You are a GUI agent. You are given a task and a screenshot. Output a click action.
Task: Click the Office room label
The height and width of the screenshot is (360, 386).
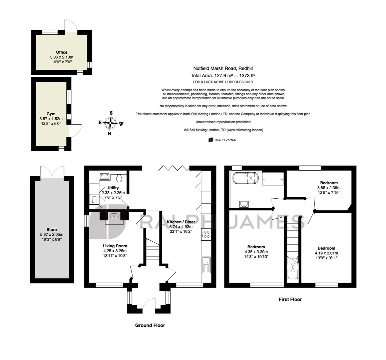point(61,52)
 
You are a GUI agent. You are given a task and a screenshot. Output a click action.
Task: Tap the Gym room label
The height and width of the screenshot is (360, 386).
point(51,114)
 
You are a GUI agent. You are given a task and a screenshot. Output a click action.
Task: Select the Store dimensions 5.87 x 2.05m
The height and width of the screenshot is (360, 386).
point(52,234)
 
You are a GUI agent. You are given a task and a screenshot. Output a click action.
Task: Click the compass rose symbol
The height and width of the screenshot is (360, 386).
point(110,123)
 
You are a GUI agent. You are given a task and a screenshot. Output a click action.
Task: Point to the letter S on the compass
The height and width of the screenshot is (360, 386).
point(111,113)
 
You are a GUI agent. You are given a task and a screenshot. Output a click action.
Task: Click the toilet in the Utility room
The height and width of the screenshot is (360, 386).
point(119,178)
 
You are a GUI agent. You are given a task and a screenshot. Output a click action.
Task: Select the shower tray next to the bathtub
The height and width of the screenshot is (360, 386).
point(273,179)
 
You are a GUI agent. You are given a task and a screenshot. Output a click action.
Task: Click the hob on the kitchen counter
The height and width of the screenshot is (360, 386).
point(207,234)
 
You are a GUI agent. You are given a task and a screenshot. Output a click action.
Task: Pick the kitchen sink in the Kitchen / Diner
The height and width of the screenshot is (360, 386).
point(206,265)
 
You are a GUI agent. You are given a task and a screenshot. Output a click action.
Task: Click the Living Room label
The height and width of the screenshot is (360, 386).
point(115,246)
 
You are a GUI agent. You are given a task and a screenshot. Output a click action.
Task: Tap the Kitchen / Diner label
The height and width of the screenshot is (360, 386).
point(181,222)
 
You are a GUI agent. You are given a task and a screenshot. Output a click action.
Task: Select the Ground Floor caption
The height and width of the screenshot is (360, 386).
point(150,325)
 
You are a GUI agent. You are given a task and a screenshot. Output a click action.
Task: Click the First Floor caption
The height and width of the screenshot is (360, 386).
point(290,299)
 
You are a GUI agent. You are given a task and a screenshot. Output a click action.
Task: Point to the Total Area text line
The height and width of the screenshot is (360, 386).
point(223,75)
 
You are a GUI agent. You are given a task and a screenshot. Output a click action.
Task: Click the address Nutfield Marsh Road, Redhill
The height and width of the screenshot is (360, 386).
point(223,68)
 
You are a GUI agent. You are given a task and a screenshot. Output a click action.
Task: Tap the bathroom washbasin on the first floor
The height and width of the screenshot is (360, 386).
point(244,204)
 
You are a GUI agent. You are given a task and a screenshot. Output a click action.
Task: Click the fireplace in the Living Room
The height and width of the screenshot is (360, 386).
point(114,216)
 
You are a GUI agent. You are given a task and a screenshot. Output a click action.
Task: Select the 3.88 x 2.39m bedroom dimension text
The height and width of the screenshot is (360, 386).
point(329,188)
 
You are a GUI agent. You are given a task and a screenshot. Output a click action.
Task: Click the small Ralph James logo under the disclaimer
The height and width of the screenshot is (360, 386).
point(222,140)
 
